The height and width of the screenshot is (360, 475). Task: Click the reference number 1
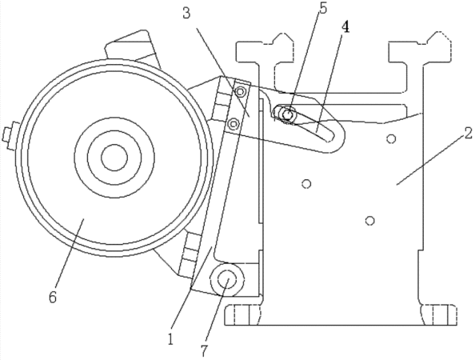coord(171,338)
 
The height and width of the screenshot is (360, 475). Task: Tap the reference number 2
coord(468,134)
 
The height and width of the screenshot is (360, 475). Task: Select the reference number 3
coord(186,14)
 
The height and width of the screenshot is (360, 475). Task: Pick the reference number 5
coord(323,8)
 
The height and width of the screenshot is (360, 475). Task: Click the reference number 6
coord(53,298)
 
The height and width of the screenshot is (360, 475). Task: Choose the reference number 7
coord(204,351)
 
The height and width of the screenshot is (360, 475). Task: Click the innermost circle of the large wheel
coord(114,158)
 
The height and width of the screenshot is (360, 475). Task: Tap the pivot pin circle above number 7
coord(227,280)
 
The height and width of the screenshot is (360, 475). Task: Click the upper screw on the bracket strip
coord(241,91)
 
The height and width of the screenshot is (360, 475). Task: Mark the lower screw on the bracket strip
coord(233,123)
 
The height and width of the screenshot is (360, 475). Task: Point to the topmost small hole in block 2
coord(391,138)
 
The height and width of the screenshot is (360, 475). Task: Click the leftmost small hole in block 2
coord(307,184)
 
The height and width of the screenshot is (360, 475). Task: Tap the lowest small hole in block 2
coord(369,221)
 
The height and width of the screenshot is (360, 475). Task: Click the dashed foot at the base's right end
coord(439,315)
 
